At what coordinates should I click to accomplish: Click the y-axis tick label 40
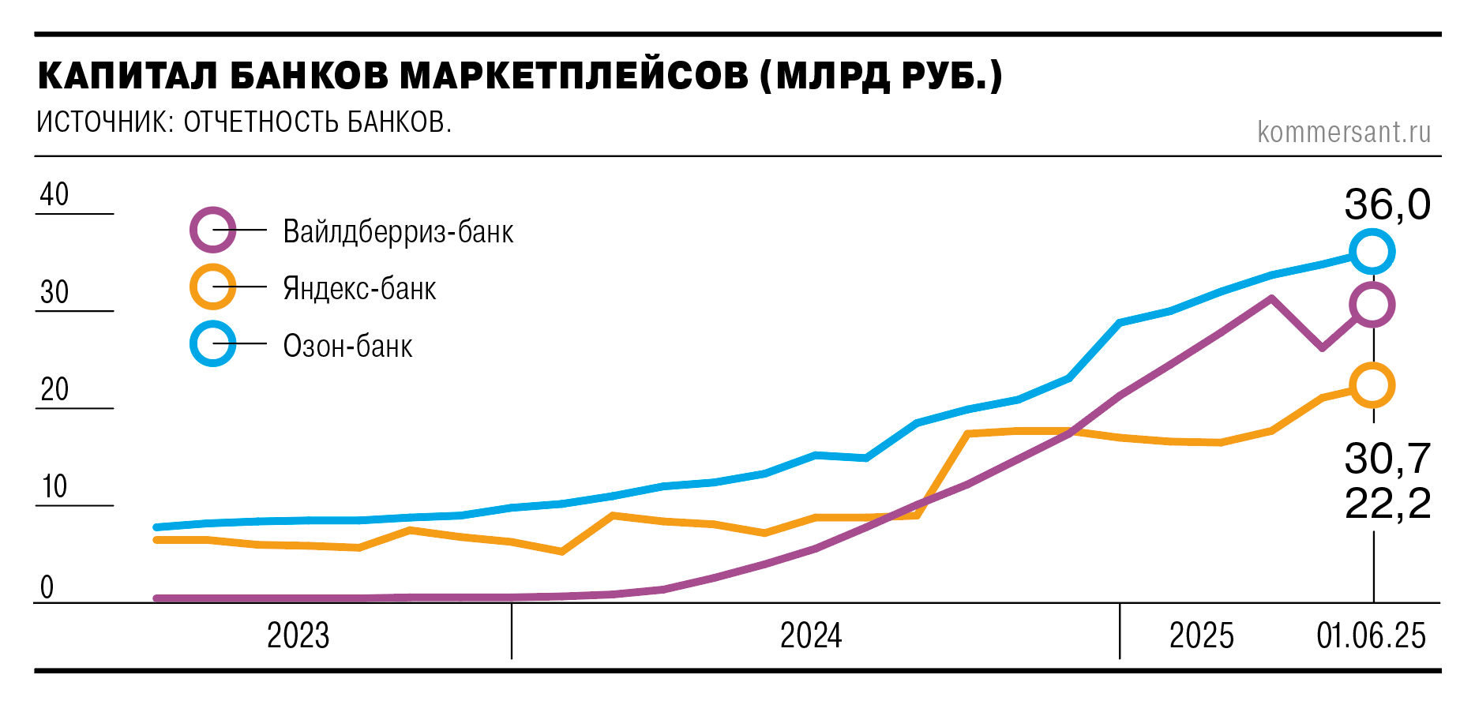coord(54,194)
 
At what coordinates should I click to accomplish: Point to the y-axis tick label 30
coord(54,292)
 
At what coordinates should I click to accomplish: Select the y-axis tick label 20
coord(54,389)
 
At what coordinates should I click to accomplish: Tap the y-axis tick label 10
coord(54,486)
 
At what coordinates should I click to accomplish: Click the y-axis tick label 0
coord(47,587)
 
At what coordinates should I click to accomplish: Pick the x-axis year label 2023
coord(298,635)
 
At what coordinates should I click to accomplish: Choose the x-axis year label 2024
coord(811,635)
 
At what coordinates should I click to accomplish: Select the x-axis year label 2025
coord(1201,635)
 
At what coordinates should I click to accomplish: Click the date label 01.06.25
coord(1371,635)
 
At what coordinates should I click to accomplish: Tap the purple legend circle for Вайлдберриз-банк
coord(213,231)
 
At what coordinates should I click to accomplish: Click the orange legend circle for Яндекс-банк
coord(213,287)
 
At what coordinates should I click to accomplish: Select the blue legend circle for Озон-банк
coord(213,344)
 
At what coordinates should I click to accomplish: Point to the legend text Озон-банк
coord(347,346)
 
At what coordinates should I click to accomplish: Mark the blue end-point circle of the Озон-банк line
coord(1372,252)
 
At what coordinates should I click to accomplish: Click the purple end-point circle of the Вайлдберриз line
coord(1372,304)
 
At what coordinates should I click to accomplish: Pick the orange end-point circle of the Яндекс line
coord(1372,386)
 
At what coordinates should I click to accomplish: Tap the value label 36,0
coord(1387,204)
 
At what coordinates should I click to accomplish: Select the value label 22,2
coord(1387,503)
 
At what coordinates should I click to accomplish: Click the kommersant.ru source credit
coord(1344,132)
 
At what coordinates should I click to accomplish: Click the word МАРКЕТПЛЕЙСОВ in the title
coord(574,76)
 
